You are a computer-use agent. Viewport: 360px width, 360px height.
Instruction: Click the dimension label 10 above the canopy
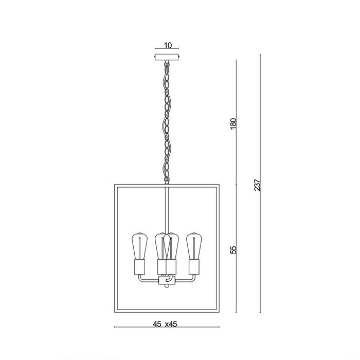(x=168, y=45)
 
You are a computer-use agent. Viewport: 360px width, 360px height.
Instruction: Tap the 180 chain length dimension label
(x=233, y=124)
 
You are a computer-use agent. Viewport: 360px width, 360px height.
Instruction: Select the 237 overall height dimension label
(x=257, y=185)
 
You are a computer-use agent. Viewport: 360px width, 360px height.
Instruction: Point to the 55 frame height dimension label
(x=233, y=250)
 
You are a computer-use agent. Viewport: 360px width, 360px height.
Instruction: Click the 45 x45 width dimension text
(x=165, y=324)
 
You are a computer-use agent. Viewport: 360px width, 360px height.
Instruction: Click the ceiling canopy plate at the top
(x=167, y=57)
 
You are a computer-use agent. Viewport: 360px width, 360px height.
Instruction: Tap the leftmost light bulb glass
(x=139, y=246)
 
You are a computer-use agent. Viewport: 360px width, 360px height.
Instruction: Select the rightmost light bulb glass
(x=194, y=246)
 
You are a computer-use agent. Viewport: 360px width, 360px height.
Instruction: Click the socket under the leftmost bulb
(x=139, y=267)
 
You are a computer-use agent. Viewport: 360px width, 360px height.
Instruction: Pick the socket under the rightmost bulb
(x=194, y=267)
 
